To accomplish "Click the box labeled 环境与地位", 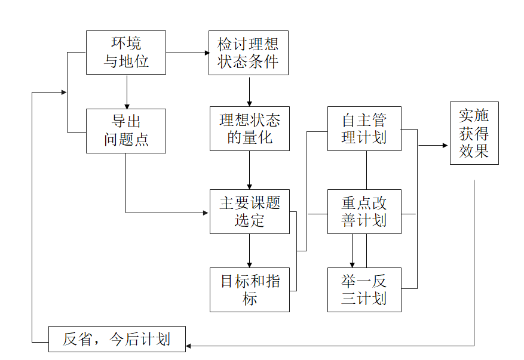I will [125, 53].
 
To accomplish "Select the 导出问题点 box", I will [125, 131].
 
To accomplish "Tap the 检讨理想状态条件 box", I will [248, 53].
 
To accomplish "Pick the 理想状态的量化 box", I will [249, 128].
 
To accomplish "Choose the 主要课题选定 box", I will [249, 211].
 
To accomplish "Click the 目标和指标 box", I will [249, 290].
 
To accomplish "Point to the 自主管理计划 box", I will [364, 128].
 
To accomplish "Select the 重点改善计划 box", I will [364, 211].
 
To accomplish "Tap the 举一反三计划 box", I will [364, 290].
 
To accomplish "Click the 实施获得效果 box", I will [474, 133].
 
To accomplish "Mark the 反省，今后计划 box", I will [117, 340].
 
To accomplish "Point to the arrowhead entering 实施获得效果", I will [445, 145].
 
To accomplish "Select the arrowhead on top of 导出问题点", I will [126, 105].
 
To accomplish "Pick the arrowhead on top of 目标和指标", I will [249, 264].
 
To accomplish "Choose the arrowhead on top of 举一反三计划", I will [352, 264].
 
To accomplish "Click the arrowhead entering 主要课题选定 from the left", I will [206, 213].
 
